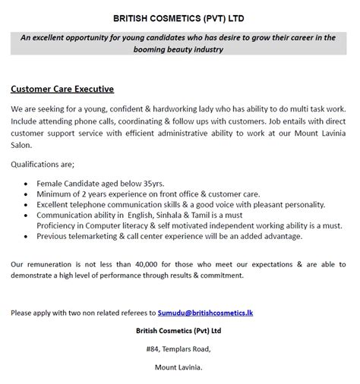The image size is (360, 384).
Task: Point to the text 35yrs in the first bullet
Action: pos(150,183)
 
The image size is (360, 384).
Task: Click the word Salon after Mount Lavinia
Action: pos(24,143)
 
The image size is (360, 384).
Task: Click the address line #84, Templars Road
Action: pos(179,348)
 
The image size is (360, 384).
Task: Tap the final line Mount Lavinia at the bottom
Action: pos(179,367)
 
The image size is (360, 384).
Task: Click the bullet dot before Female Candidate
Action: pos(27,184)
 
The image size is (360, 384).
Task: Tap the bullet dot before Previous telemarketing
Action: pos(27,237)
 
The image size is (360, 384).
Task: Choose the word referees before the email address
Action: pos(128,312)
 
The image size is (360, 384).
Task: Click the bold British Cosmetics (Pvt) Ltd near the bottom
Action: pos(179,329)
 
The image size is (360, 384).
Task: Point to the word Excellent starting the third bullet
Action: pos(57,204)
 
